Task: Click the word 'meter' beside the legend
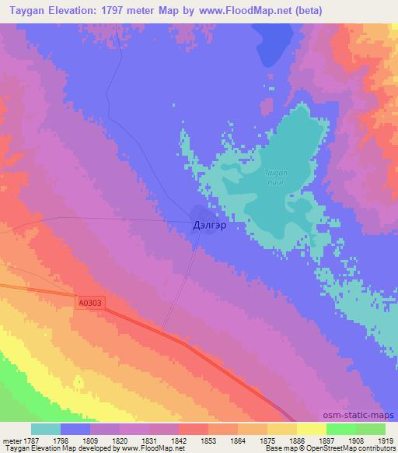click(10, 441)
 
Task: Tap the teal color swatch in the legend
click(46, 429)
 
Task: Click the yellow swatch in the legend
click(312, 429)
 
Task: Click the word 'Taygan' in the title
click(29, 10)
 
